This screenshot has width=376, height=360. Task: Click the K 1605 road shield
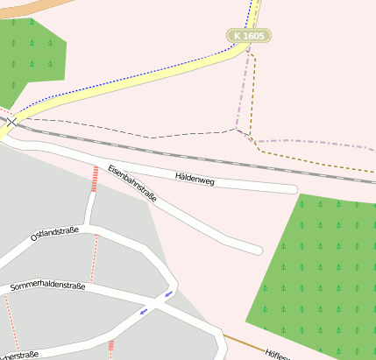[x=248, y=36]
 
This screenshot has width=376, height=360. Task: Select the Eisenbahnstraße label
[x=132, y=184]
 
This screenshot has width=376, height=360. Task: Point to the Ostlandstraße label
[x=54, y=233]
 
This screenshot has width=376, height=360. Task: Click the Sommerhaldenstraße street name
[x=48, y=286]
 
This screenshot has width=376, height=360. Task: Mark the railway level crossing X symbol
[x=11, y=123]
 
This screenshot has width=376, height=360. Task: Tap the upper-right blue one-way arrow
[x=168, y=295]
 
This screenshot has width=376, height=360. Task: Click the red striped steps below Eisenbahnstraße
[x=94, y=180]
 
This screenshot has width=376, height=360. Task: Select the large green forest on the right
[x=320, y=272]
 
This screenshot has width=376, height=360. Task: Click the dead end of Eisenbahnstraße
[x=257, y=250]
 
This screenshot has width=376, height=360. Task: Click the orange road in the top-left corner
[x=22, y=6]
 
